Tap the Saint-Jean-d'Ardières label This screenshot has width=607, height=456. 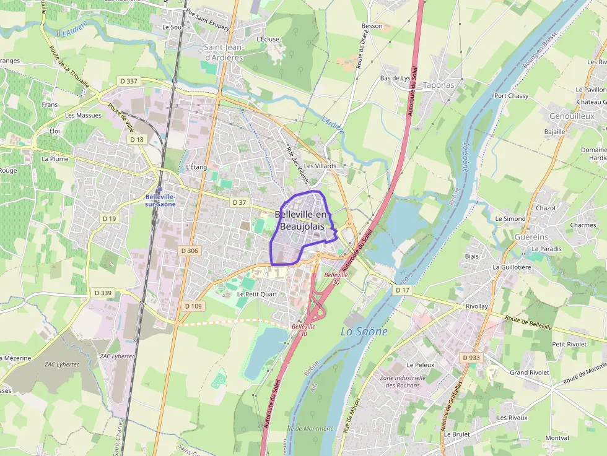(223, 53)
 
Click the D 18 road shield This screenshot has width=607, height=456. (137, 140)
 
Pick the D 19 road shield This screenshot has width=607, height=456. (109, 218)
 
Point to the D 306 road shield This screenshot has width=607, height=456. (189, 251)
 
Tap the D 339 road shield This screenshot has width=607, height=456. (103, 293)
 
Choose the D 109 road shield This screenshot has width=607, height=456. (193, 306)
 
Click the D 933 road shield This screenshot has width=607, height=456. (471, 358)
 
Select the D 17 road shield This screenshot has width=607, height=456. (403, 290)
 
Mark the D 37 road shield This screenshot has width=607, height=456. (239, 202)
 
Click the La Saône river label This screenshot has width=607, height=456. (364, 332)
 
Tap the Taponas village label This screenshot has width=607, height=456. (438, 85)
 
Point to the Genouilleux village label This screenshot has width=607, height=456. (571, 116)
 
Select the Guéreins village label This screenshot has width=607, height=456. (531, 237)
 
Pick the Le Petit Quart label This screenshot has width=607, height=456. (257, 295)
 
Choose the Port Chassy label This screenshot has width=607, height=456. (511, 96)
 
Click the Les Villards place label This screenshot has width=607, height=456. (320, 166)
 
